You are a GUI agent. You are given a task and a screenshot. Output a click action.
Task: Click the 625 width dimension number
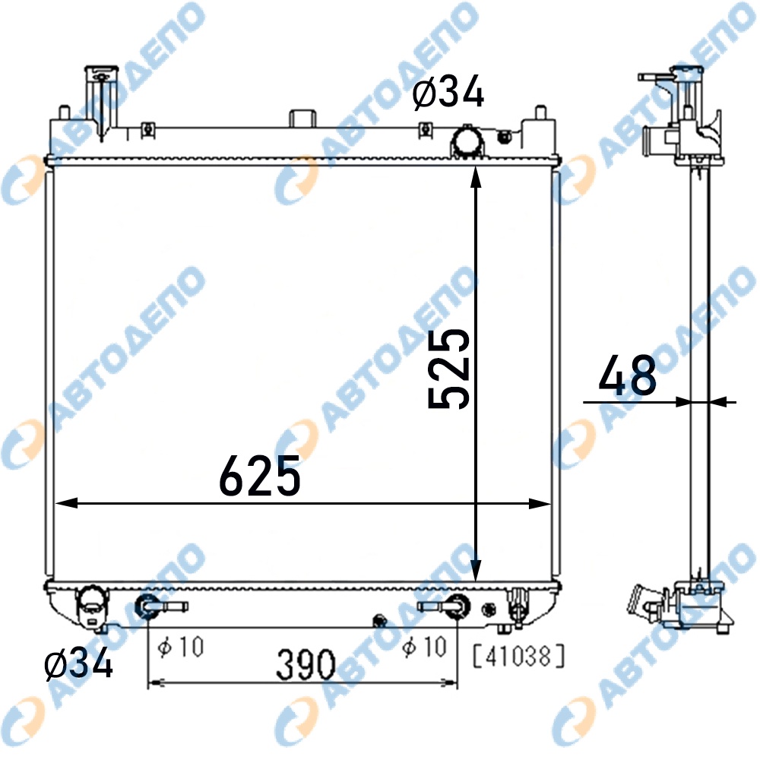[x=260, y=476]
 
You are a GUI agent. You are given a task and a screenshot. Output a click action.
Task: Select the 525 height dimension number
[x=449, y=369]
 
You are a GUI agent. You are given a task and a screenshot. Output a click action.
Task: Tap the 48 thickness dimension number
[x=627, y=375]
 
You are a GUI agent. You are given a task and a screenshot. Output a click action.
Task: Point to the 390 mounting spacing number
[x=306, y=664]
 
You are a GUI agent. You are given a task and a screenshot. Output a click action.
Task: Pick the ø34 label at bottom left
[x=78, y=663]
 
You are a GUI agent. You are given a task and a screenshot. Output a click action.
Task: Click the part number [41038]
[x=518, y=657]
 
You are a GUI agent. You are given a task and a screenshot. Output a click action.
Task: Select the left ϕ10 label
[x=181, y=647]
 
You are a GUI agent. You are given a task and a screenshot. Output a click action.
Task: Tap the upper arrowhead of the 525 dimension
[x=476, y=177]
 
